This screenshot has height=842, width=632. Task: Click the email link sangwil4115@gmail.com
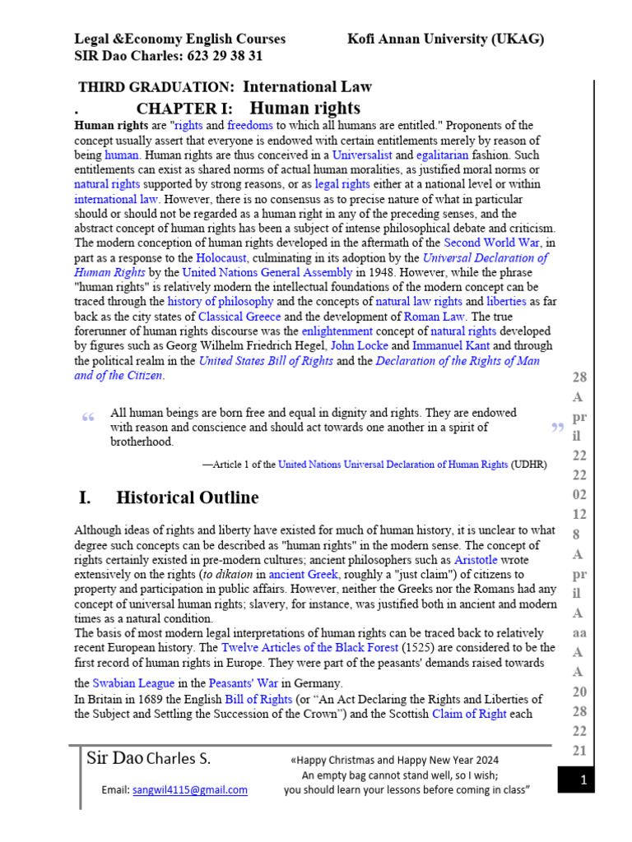(189, 790)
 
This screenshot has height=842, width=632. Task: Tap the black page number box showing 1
(582, 781)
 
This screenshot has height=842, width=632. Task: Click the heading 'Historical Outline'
(187, 497)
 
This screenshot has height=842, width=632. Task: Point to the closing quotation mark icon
(557, 428)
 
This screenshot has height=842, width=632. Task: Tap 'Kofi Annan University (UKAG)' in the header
(445, 39)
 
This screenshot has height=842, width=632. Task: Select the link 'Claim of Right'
(469, 714)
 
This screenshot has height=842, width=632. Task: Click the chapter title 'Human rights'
(304, 109)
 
